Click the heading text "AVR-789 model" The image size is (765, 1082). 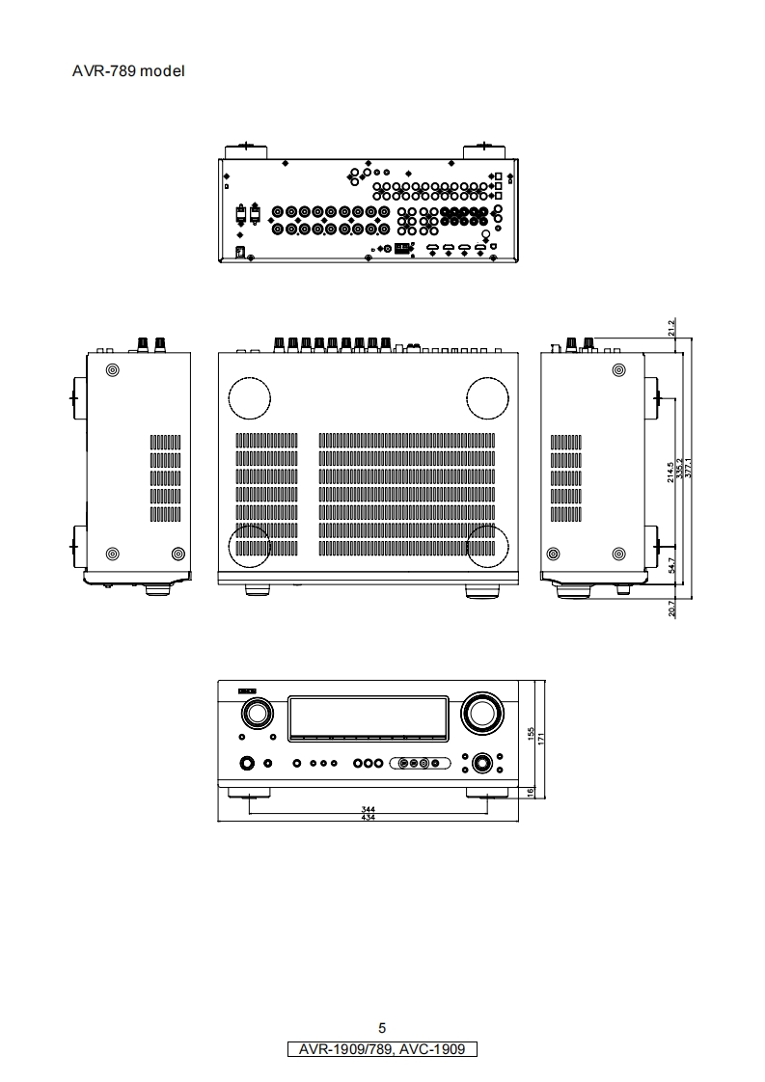click(x=128, y=71)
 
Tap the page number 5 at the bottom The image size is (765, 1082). click(x=382, y=1028)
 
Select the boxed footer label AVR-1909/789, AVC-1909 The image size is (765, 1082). click(x=382, y=1049)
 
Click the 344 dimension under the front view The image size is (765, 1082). click(x=368, y=809)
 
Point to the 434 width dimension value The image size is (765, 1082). click(x=368, y=818)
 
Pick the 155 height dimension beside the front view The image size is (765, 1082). click(x=532, y=734)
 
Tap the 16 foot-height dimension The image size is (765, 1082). click(x=532, y=792)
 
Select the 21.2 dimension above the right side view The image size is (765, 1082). click(x=672, y=329)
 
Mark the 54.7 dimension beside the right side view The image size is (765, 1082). click(x=672, y=565)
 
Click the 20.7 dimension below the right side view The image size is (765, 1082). click(x=672, y=608)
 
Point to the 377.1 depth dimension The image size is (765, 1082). click(x=688, y=468)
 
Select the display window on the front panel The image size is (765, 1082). click(x=368, y=716)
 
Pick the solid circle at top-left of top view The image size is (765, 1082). click(x=249, y=397)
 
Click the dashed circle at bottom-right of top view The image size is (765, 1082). click(x=487, y=547)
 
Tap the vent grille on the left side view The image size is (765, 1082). click(x=165, y=477)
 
